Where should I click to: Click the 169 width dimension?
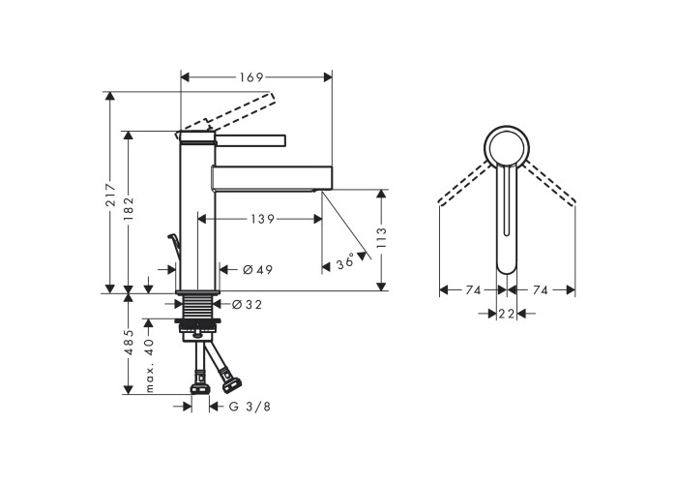pyautogui.click(x=251, y=77)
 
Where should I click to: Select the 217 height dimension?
pyautogui.click(x=111, y=195)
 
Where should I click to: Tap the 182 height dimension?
pyautogui.click(x=129, y=208)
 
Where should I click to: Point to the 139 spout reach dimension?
pyautogui.click(x=262, y=219)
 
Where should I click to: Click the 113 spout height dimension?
pyautogui.click(x=381, y=237)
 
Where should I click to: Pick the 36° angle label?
pyautogui.click(x=345, y=262)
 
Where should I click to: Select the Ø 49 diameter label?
pyautogui.click(x=258, y=270)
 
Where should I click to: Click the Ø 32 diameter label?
pyautogui.click(x=247, y=305)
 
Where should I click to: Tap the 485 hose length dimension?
pyautogui.click(x=129, y=343)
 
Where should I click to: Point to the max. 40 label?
pyautogui.click(x=149, y=365)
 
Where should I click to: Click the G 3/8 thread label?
pyautogui.click(x=250, y=407)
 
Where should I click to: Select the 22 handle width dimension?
pyautogui.click(x=507, y=314)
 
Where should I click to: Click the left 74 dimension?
pyautogui.click(x=473, y=290)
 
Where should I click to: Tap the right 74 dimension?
pyautogui.click(x=540, y=290)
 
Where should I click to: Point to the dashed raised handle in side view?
pyautogui.click(x=229, y=111)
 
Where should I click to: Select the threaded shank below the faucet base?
pyautogui.click(x=197, y=307)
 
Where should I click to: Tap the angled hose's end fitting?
pyautogui.click(x=231, y=384)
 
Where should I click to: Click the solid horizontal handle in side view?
pyautogui.click(x=250, y=140)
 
